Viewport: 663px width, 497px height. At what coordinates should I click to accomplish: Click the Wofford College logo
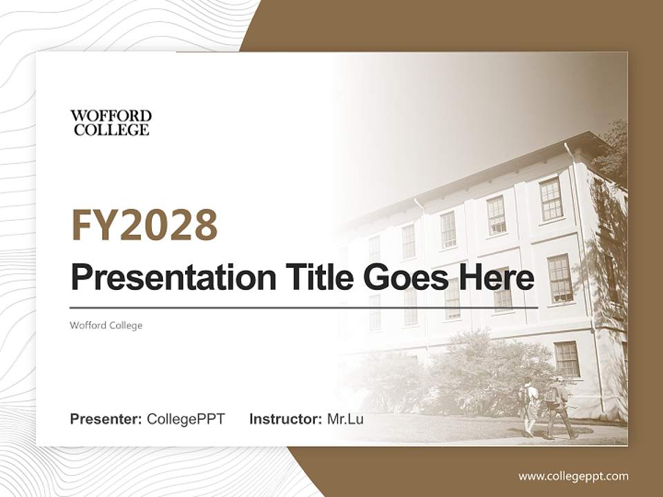point(110,122)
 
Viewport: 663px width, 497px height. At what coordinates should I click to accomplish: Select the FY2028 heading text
point(144,225)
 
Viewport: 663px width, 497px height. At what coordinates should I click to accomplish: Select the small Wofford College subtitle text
point(106,325)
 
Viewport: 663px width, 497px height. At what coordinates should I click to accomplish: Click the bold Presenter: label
point(106,419)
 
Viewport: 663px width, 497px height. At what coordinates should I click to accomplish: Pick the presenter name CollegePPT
point(186,419)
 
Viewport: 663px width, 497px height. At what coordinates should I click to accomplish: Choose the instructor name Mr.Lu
point(345,419)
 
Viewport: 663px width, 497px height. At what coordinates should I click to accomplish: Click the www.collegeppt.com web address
point(573,476)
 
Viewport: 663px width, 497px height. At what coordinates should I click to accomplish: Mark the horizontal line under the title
point(304,308)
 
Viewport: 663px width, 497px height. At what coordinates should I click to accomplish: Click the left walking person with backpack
point(529,408)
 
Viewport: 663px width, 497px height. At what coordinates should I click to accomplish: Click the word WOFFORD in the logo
point(110,115)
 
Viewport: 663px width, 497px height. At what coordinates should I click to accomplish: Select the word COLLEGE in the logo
point(110,129)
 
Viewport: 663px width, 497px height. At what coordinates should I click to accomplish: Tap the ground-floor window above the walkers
point(566,358)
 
